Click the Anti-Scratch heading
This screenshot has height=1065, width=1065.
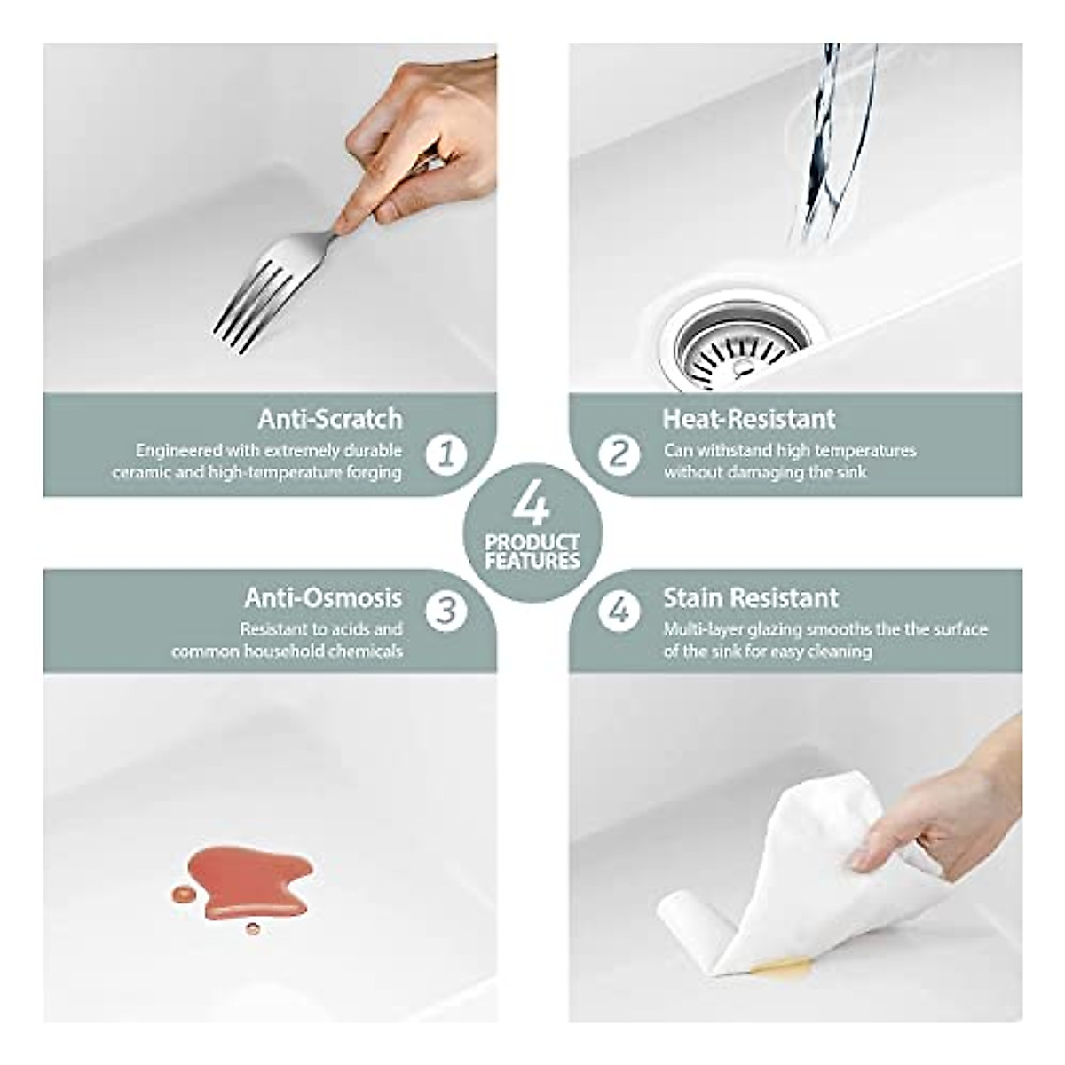click(330, 418)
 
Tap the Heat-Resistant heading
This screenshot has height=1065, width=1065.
click(749, 418)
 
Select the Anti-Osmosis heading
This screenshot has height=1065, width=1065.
click(323, 598)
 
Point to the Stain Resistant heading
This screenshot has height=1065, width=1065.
click(751, 598)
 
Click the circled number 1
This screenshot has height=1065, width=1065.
click(446, 454)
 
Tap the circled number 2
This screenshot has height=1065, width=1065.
click(619, 454)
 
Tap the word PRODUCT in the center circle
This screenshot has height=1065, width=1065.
click(532, 542)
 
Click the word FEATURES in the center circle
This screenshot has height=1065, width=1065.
click(532, 561)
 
